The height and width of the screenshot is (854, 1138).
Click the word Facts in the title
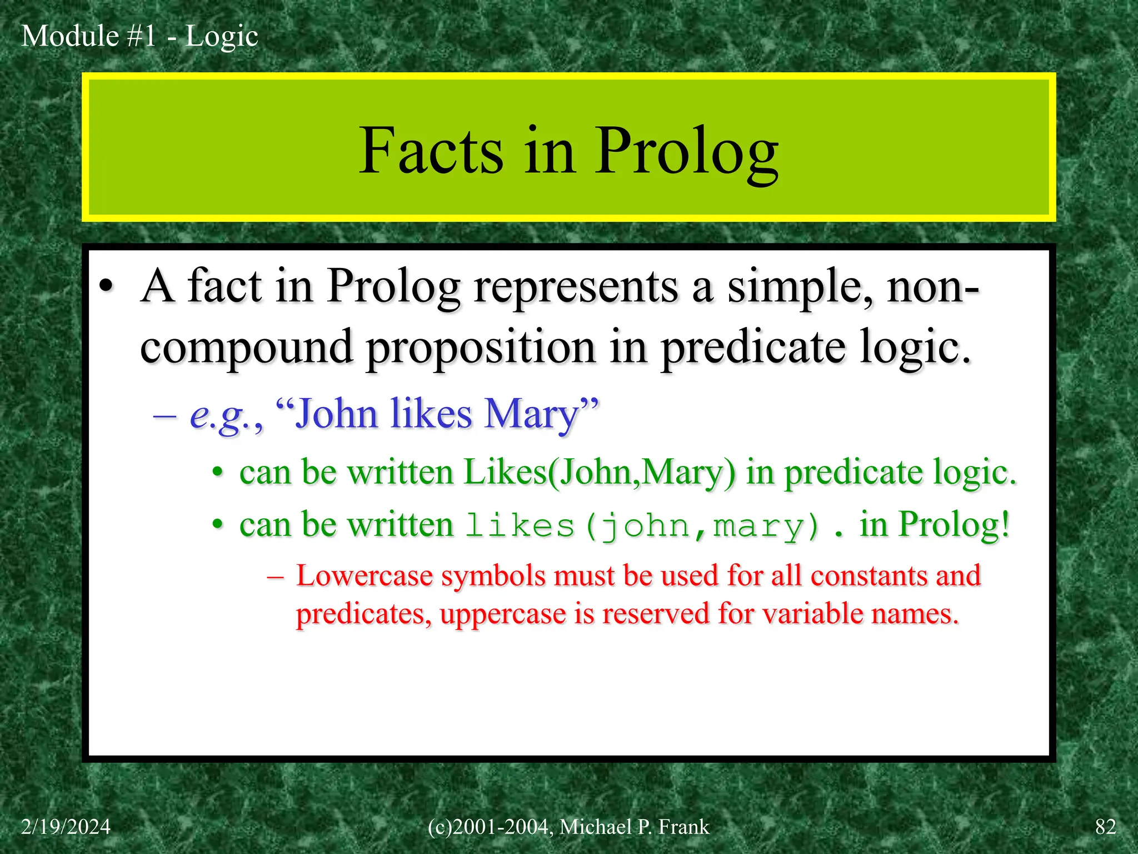pos(431,151)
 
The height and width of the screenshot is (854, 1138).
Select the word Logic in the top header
pos(221,37)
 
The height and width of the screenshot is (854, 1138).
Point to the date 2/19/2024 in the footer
pos(66,827)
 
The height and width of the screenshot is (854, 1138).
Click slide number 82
pos(1105,827)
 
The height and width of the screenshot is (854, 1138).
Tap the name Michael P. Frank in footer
pos(634,827)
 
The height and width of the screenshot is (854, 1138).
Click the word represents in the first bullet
pos(576,287)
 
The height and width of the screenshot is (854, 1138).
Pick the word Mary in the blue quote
pos(531,414)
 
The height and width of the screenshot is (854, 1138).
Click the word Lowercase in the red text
pos(364,576)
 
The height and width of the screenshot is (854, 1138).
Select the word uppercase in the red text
pos(502,614)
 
